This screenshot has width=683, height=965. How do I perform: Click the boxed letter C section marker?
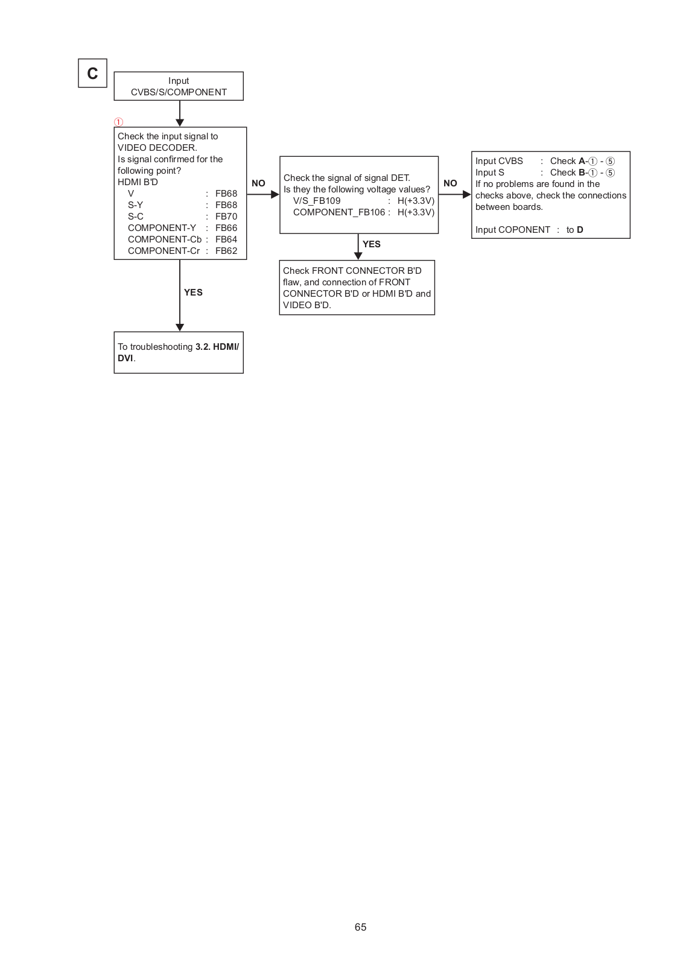(x=92, y=73)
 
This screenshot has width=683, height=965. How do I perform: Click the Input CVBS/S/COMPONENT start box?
(x=179, y=86)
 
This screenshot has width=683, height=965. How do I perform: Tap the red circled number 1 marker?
(x=119, y=122)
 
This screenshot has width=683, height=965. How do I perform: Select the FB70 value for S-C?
(x=226, y=217)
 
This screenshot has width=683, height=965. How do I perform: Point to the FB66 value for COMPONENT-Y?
(x=226, y=228)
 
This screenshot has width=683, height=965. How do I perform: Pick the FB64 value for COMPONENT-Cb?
(x=226, y=239)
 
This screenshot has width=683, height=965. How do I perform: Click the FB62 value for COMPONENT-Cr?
(x=226, y=251)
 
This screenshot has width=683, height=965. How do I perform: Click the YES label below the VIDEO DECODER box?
(x=193, y=293)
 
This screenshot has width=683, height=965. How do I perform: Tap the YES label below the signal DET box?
(x=372, y=244)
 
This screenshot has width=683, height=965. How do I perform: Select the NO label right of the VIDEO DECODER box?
(x=258, y=183)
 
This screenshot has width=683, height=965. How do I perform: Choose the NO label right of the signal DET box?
(x=450, y=183)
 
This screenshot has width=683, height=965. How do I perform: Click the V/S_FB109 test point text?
(x=317, y=201)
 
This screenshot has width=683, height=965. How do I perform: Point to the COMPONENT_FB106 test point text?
(x=339, y=212)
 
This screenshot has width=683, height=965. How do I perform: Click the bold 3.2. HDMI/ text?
(x=217, y=347)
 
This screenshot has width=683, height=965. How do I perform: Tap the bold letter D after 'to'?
(x=580, y=230)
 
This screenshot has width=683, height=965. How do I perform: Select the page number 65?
(x=360, y=927)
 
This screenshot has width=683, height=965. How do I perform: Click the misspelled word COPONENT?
(x=524, y=230)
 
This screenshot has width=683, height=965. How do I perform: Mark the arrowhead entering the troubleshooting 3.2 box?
(x=180, y=327)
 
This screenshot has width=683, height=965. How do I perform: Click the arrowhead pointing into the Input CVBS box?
(x=466, y=195)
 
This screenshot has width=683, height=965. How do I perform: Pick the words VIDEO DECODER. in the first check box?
(x=157, y=148)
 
